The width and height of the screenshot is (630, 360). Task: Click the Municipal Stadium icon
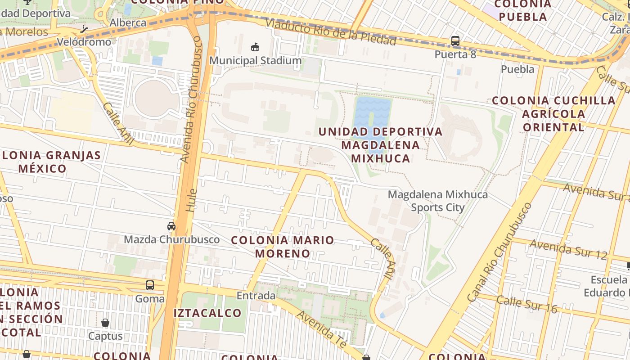[x=255, y=47]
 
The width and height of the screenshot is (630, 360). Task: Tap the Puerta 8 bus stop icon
[x=455, y=41]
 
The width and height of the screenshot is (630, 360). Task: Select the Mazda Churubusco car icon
[x=171, y=226]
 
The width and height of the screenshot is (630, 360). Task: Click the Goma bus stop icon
[x=150, y=285]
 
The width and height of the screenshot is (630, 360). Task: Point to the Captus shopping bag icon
[x=105, y=323]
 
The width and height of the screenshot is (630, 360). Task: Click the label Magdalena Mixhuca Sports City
[x=437, y=201]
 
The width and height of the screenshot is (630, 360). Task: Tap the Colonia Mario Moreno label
[x=283, y=247]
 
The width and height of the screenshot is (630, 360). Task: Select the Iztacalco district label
[x=208, y=313]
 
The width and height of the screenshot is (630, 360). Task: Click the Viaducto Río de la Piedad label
[x=330, y=32]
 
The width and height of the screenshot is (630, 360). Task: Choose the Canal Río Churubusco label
[x=499, y=252]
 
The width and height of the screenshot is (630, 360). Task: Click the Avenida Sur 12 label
[x=569, y=249]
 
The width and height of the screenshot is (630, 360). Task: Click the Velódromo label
[x=84, y=42]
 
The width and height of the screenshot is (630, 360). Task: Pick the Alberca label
[x=128, y=22]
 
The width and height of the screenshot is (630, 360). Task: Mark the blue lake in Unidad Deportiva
[x=372, y=112]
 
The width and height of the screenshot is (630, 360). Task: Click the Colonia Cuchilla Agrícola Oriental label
[x=553, y=114]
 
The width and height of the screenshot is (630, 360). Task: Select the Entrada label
[x=256, y=296]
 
